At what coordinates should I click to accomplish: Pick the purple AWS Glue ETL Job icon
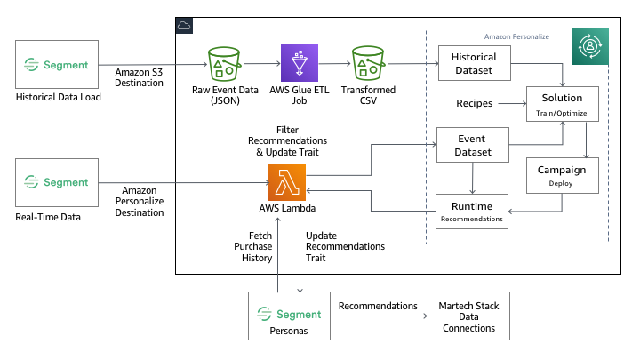pos(300,64)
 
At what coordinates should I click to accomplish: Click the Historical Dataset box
pos(474,64)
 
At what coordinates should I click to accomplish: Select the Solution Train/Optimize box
pos(561,104)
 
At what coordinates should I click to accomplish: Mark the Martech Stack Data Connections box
pos(469,315)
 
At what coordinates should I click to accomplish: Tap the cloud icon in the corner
pos(185,25)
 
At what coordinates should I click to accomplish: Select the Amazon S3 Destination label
pos(140,76)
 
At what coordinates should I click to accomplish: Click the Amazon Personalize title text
pos(516,37)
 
